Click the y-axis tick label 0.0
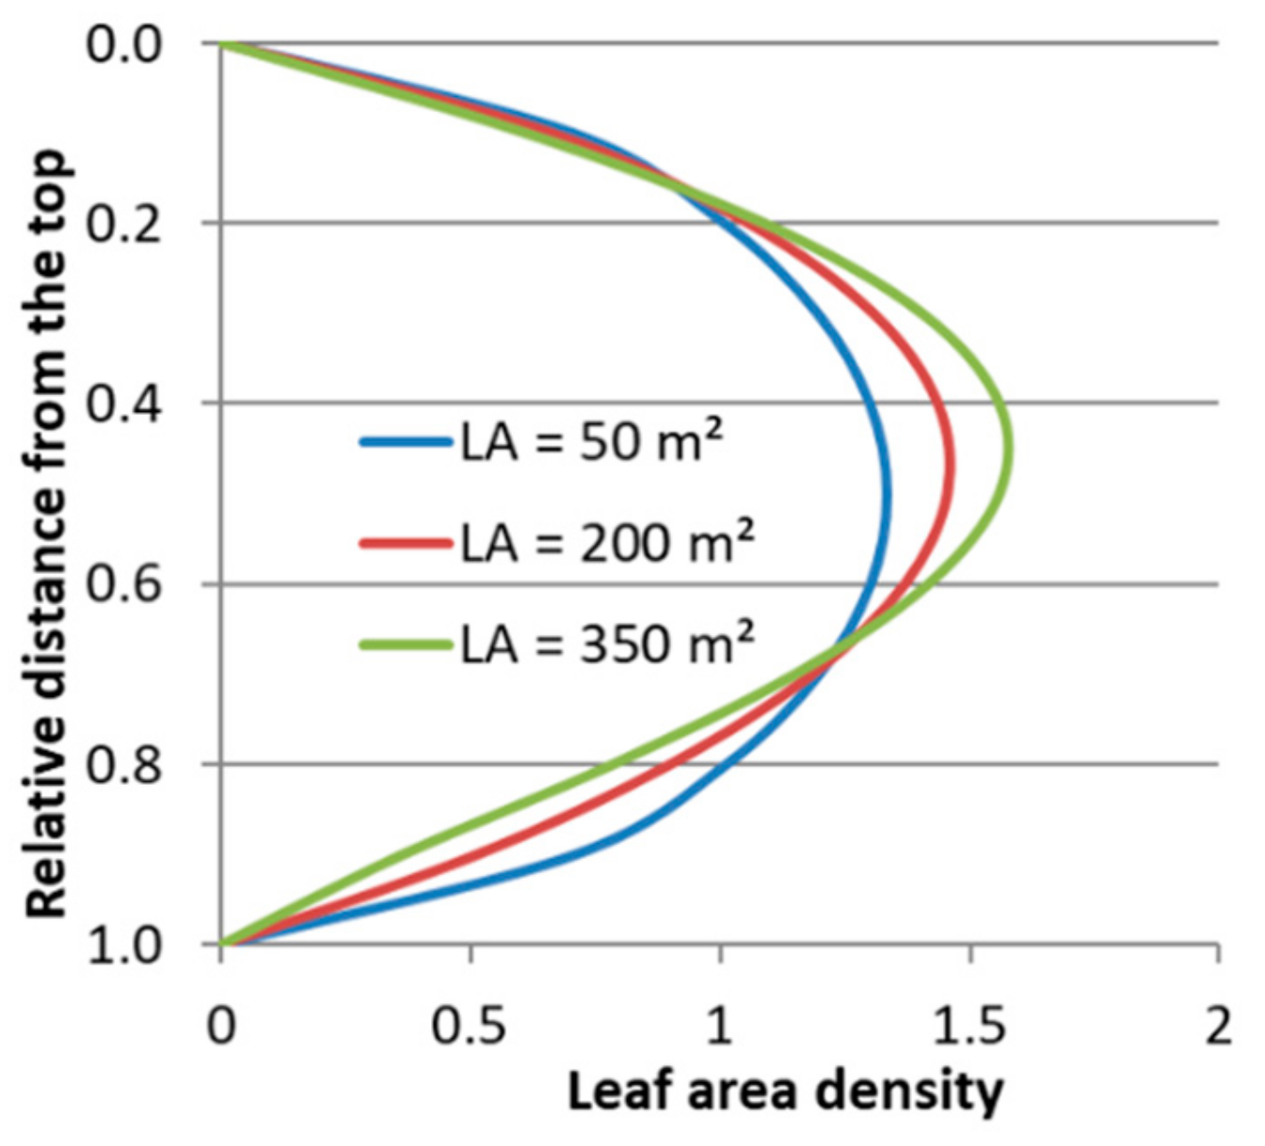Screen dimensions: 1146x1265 click(125, 44)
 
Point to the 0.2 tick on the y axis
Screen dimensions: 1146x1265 click(125, 224)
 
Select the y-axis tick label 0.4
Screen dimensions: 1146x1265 click(125, 404)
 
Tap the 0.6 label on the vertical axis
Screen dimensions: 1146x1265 click(125, 584)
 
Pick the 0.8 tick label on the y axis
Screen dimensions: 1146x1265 click(125, 764)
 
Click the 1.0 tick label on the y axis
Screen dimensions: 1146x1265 click(125, 944)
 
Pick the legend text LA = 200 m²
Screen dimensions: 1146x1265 click(607, 543)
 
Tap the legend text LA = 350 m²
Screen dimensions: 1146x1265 click(607, 645)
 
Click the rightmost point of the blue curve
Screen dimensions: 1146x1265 click(886, 499)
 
